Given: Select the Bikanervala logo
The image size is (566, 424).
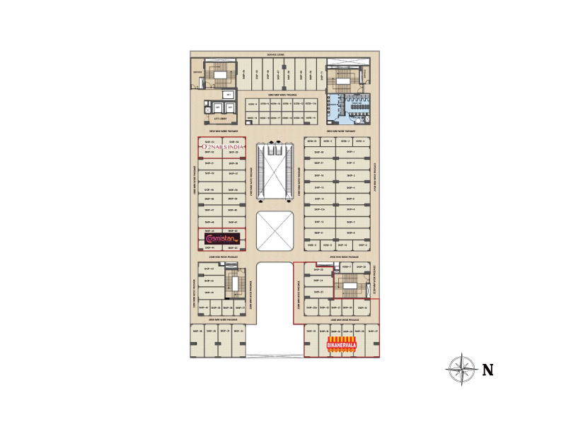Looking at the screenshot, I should pyautogui.click(x=342, y=346).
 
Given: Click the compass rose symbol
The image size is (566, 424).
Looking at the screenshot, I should pyautogui.click(x=461, y=368).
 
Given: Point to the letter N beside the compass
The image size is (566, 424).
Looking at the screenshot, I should pyautogui.click(x=487, y=369).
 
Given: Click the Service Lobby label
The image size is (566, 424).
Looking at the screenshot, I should pyautogui.click(x=276, y=54).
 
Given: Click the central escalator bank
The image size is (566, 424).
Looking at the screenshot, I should pyautogui.click(x=275, y=170).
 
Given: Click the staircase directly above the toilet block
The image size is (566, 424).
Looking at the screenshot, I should pyautogui.click(x=342, y=78).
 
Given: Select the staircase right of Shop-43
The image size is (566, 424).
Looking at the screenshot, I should pyautogui.click(x=231, y=282).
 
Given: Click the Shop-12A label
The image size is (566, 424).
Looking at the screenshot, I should pyautogui.click(x=318, y=210).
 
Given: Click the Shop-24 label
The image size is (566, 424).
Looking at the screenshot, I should pyautogui.click(x=317, y=281).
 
